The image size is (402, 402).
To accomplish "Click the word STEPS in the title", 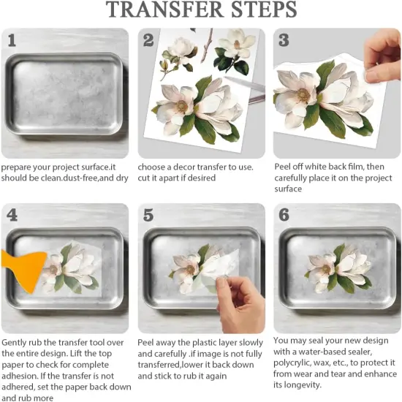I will [x=260, y=10].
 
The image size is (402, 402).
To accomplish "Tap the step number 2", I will [x=148, y=39].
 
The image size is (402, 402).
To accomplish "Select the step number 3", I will [x=284, y=39].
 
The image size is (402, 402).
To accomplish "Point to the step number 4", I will [x=12, y=215].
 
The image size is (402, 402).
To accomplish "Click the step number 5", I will [x=148, y=215].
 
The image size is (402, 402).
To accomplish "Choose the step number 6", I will [x=284, y=215].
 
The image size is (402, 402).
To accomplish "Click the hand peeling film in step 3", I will [x=384, y=55].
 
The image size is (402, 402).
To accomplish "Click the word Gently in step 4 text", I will [x=16, y=342].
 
